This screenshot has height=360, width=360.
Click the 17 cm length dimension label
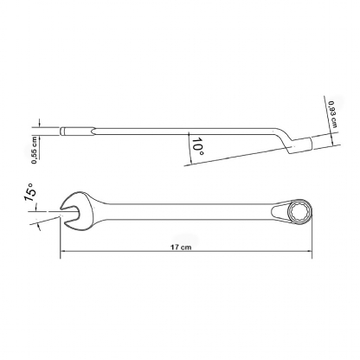[181, 247]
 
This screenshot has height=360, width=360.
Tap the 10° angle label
[198, 146]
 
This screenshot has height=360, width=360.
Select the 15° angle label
[30, 192]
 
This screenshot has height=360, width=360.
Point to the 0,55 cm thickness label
[35, 150]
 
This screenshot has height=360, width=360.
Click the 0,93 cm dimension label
[332, 114]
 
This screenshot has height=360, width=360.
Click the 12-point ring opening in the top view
[300, 211]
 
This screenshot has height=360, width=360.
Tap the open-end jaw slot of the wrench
[70, 214]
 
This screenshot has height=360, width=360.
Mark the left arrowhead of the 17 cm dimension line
[63, 251]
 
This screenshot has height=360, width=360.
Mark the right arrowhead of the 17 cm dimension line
[309, 251]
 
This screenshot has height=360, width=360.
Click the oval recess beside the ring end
[279, 211]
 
